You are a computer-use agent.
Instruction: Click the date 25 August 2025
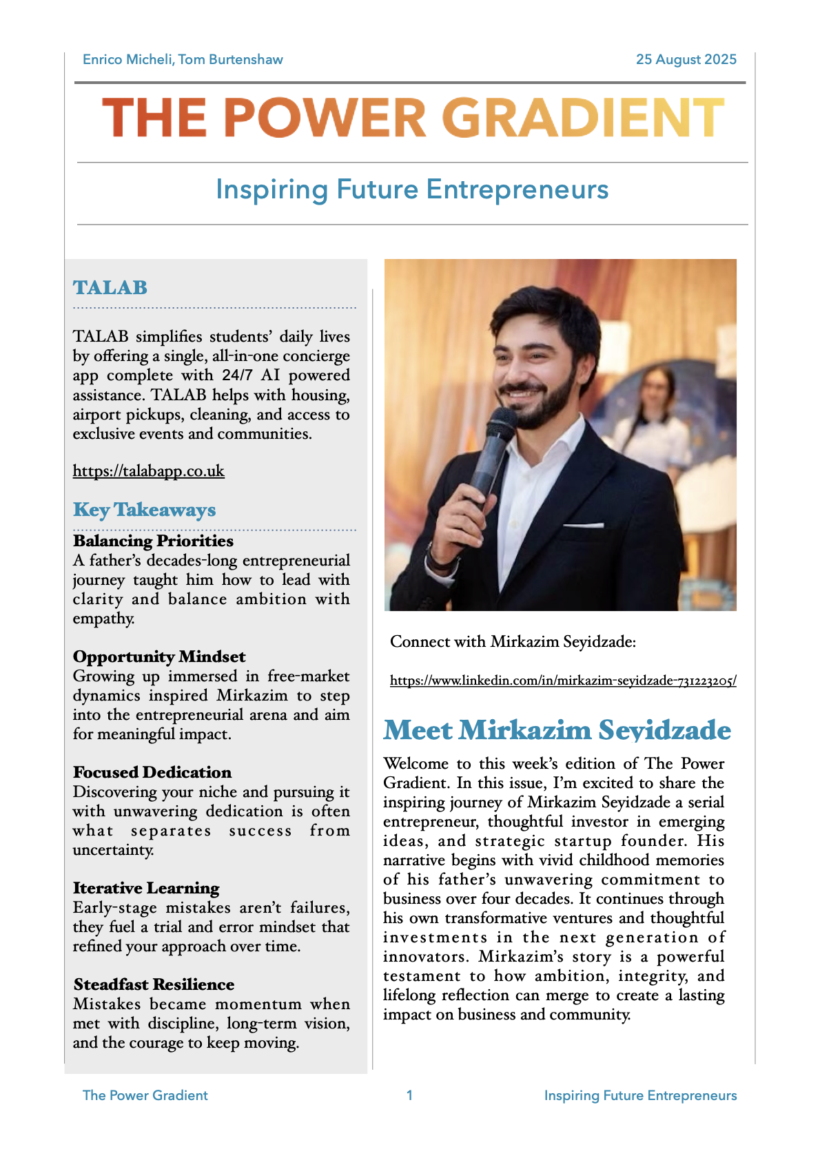click(x=686, y=59)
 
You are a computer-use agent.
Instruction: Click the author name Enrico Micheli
click(x=127, y=59)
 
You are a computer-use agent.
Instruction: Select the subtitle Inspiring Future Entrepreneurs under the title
click(x=412, y=189)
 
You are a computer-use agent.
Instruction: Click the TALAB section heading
click(x=110, y=287)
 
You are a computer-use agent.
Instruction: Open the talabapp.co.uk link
click(x=149, y=471)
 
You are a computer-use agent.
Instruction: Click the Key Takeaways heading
click(x=144, y=510)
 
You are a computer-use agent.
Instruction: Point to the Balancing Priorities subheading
click(x=153, y=541)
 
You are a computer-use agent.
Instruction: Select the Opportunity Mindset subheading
click(x=159, y=656)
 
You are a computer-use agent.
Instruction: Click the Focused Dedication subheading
click(x=152, y=772)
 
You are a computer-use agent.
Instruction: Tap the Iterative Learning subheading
click(x=146, y=888)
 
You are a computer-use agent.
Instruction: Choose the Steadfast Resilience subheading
click(x=154, y=984)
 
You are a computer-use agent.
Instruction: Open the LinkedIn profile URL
click(x=563, y=681)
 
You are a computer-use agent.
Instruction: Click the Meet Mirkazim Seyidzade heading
click(x=557, y=730)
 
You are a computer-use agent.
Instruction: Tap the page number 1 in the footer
click(x=410, y=1095)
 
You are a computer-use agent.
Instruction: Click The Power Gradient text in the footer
click(x=145, y=1095)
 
